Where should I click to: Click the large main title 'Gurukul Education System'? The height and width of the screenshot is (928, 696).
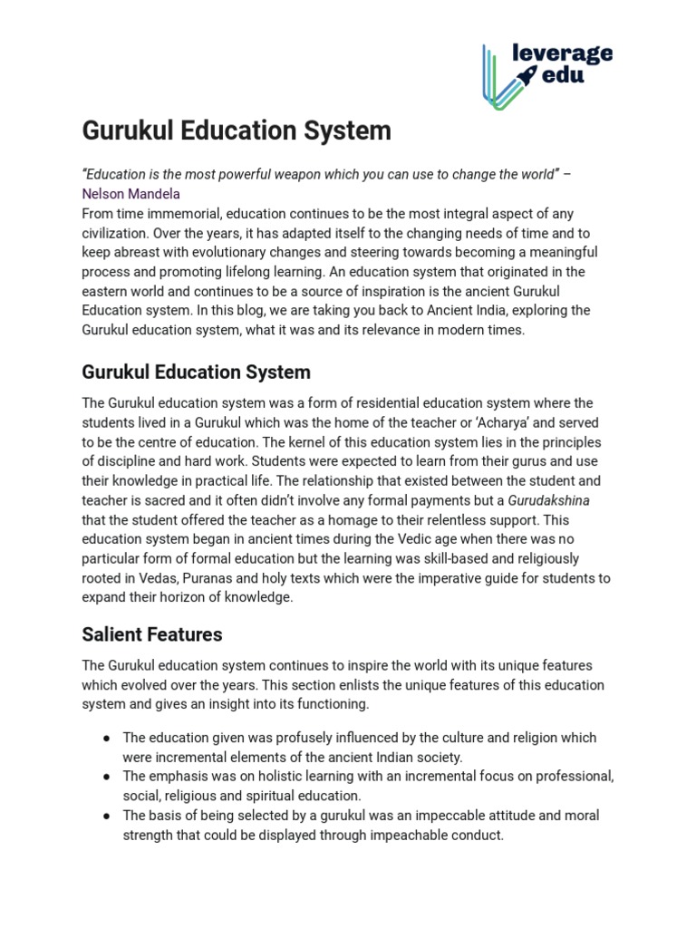point(237,130)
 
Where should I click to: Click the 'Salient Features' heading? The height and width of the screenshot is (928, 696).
point(152,633)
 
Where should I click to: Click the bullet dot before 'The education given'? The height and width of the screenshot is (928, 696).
point(106,738)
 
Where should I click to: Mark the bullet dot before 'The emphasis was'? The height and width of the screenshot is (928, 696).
point(106,777)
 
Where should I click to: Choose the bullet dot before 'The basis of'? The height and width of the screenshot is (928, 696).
point(106,816)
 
